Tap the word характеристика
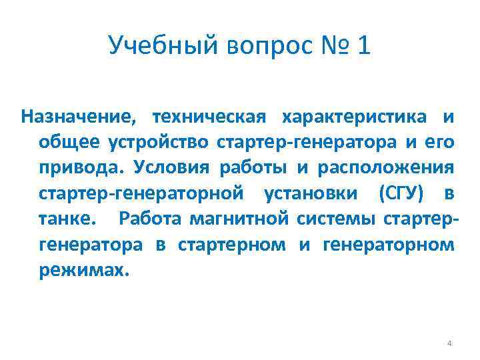pyautogui.click(x=354, y=117)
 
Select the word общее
pyautogui.click(x=69, y=143)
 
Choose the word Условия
pyautogui.click(x=168, y=167)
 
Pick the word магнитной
pyautogui.click(x=247, y=218)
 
